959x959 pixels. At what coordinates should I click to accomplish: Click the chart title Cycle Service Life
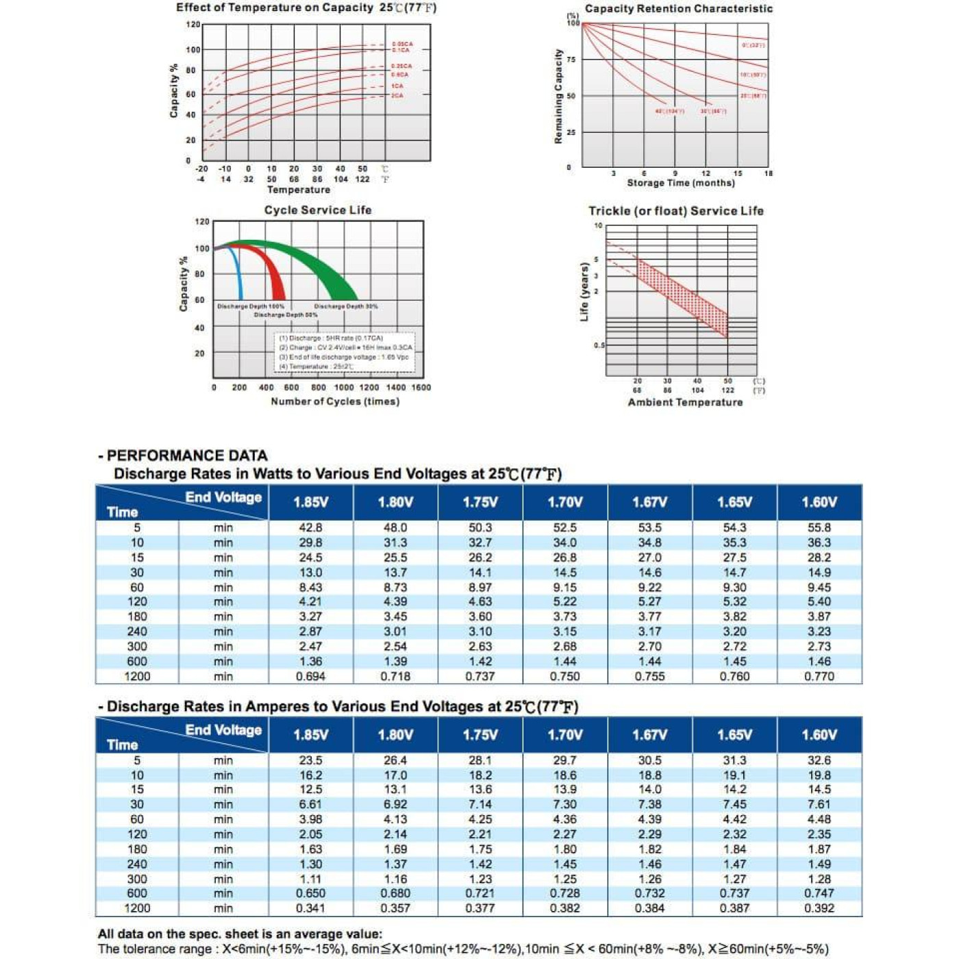(x=318, y=210)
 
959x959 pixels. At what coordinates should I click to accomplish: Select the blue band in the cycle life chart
(x=237, y=274)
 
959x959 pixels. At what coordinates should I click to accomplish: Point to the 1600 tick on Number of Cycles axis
(x=421, y=388)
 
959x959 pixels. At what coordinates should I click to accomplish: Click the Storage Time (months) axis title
(x=681, y=183)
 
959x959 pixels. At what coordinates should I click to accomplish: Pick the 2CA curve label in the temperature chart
(x=397, y=96)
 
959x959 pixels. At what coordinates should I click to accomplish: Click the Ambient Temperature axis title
(x=685, y=402)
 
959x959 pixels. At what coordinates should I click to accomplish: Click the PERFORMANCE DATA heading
(x=187, y=456)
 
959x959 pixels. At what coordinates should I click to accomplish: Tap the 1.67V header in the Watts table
(x=649, y=502)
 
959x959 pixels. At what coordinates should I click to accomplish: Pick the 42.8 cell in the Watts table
(x=310, y=528)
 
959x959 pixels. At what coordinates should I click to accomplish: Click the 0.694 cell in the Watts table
(x=310, y=677)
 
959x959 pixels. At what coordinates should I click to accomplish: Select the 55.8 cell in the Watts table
(x=819, y=528)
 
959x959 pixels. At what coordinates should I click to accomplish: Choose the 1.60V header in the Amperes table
(x=819, y=735)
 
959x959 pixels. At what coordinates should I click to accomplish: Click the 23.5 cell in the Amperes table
(x=310, y=760)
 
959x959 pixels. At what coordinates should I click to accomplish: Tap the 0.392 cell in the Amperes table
(x=819, y=908)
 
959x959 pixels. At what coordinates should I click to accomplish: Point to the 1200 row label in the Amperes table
(x=137, y=908)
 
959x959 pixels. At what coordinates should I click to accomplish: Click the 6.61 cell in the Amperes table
(x=310, y=805)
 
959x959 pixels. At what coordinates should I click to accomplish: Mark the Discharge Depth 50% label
(x=286, y=315)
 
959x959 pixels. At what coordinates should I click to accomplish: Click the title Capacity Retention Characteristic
(x=678, y=9)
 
